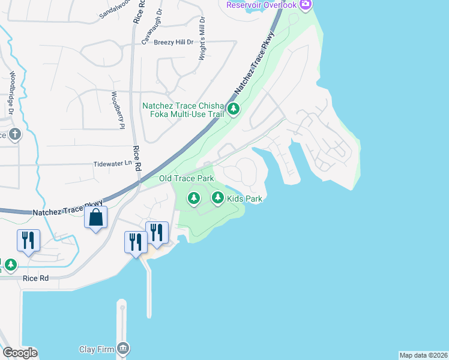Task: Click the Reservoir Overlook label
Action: [261, 5]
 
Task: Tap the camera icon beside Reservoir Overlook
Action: [306, 5]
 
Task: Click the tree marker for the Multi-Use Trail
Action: [234, 109]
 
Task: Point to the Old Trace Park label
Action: [186, 179]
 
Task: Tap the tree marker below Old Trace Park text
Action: [193, 197]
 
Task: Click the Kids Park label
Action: [246, 199]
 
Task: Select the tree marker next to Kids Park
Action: [217, 197]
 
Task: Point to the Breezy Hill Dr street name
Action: [173, 42]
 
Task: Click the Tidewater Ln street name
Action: [112, 163]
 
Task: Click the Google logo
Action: [20, 353]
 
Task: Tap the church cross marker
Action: [14, 134]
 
